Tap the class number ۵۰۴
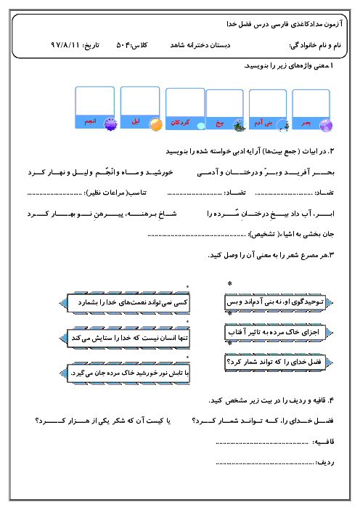123,45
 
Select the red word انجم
90,121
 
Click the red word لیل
136,121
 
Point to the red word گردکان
180,123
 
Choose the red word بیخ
220,124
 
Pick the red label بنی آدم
263,123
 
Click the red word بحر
306,123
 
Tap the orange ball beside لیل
155,124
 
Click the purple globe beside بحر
326,126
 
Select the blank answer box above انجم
94,101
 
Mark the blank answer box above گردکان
185,102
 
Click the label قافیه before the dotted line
323,442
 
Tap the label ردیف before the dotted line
325,462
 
